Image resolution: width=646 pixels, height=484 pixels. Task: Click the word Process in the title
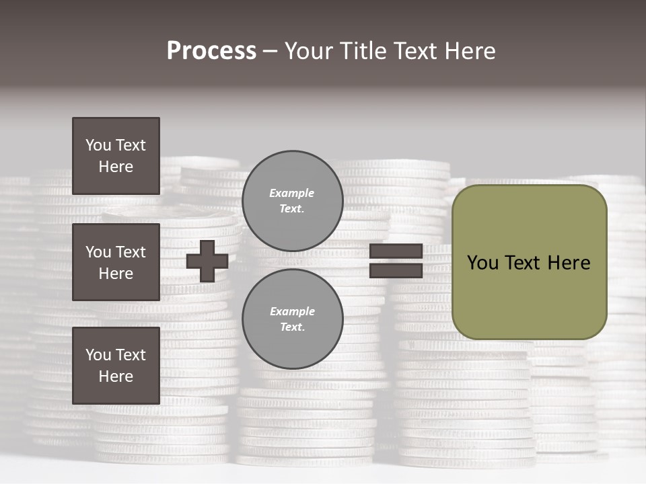pyautogui.click(x=211, y=51)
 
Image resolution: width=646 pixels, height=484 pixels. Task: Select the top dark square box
pyautogui.click(x=116, y=156)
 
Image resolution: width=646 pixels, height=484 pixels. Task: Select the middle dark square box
pyautogui.click(x=116, y=262)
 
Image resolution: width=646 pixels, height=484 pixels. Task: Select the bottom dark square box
pyautogui.click(x=116, y=366)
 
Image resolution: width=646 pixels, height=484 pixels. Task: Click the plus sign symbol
pyautogui.click(x=207, y=261)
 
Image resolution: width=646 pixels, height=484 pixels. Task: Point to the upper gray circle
pyautogui.click(x=292, y=201)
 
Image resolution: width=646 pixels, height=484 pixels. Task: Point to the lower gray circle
pyautogui.click(x=292, y=319)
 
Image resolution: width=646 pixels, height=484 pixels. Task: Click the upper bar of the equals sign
pyautogui.click(x=396, y=251)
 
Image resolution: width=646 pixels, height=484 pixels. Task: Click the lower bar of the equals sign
pyautogui.click(x=396, y=270)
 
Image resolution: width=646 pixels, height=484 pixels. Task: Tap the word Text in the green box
pyautogui.click(x=528, y=263)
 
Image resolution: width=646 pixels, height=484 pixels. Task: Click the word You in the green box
pyautogui.click(x=482, y=263)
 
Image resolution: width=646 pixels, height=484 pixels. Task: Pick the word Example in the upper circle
pyautogui.click(x=291, y=194)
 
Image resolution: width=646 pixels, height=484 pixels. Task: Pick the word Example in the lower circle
pyautogui.click(x=292, y=312)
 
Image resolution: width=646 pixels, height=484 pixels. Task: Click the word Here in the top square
pyautogui.click(x=116, y=167)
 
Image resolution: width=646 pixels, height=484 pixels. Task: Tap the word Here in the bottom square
pyautogui.click(x=116, y=376)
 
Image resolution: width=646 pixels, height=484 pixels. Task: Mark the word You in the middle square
pyautogui.click(x=98, y=252)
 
